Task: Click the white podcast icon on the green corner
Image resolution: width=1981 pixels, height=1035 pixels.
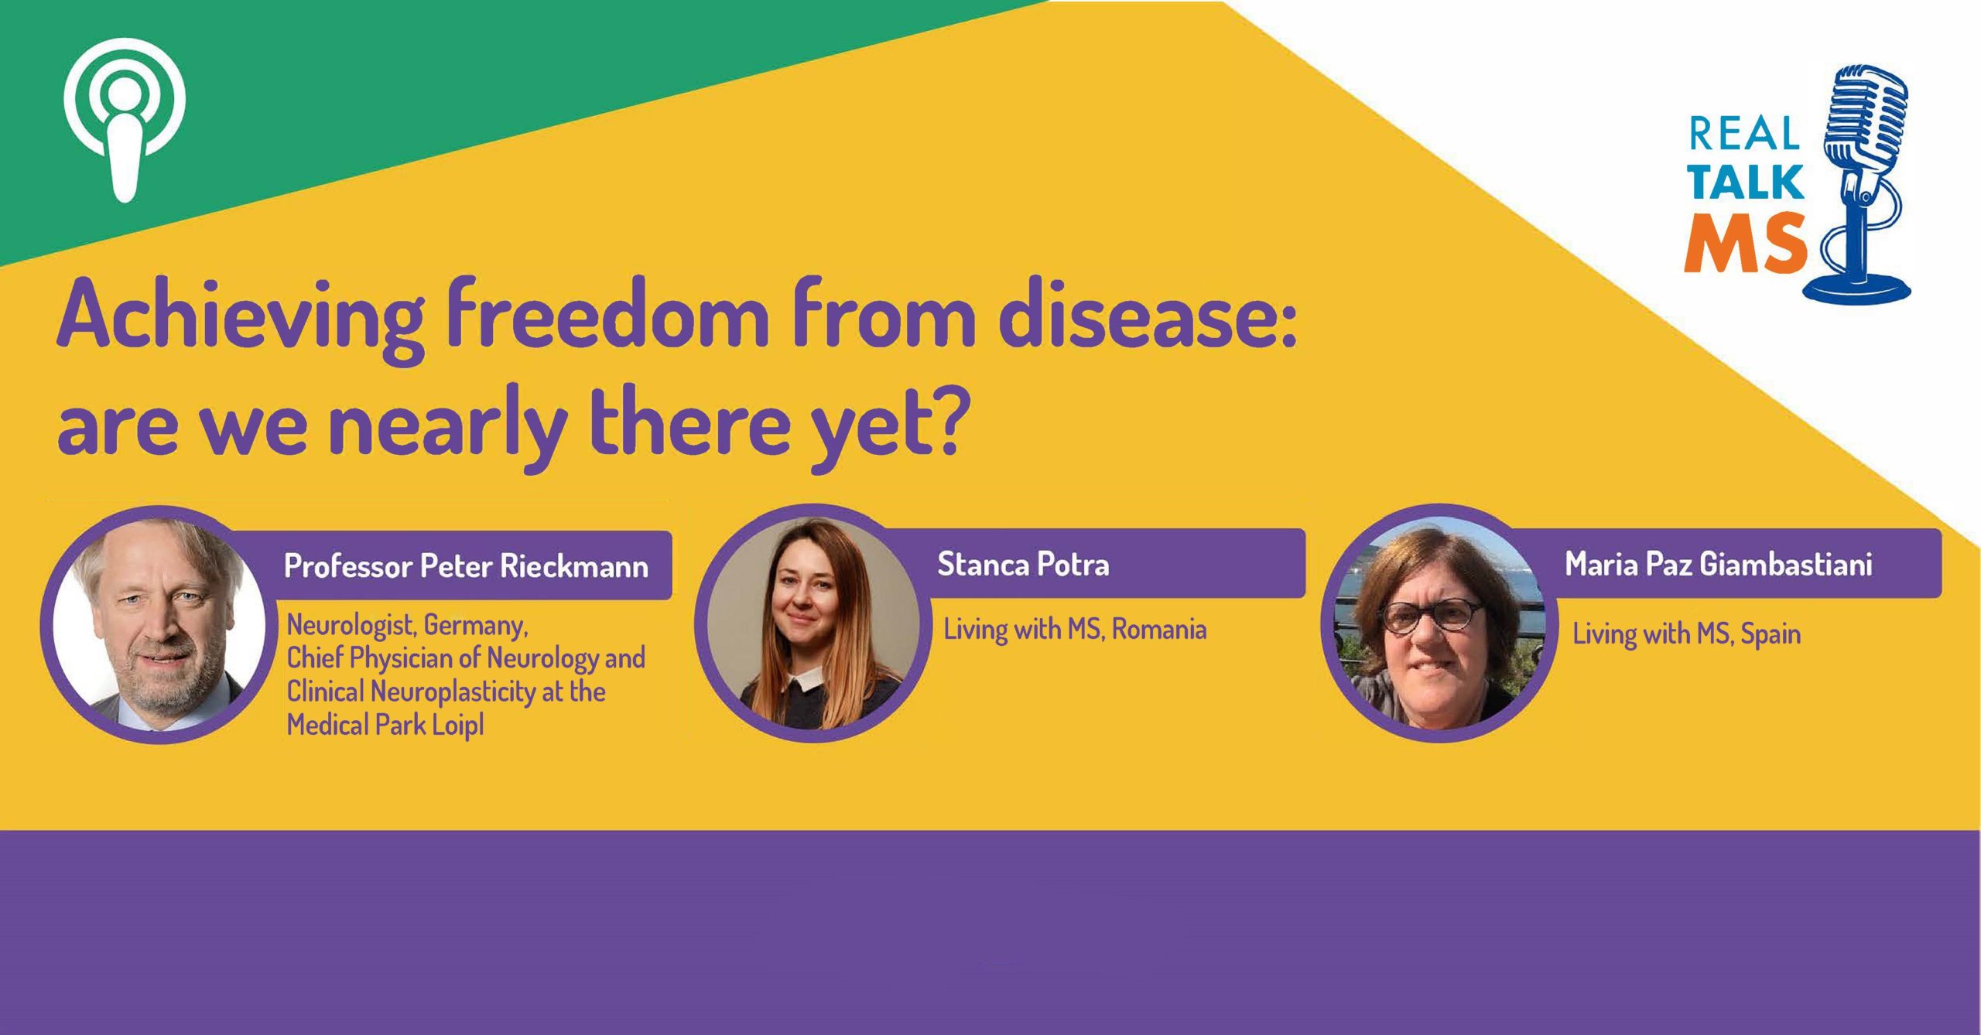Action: tap(125, 120)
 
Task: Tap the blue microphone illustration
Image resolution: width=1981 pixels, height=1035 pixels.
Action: tap(1861, 186)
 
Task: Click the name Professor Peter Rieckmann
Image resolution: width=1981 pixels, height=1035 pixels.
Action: tap(467, 566)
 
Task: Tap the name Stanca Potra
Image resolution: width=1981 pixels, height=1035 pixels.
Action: tap(1023, 564)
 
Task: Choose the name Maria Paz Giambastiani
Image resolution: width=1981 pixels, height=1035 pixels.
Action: tap(1718, 564)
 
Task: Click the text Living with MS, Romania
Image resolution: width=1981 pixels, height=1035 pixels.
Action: tap(1075, 630)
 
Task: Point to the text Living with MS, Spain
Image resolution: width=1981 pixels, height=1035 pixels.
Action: tap(1686, 634)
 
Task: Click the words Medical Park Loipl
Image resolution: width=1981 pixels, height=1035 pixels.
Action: tap(385, 726)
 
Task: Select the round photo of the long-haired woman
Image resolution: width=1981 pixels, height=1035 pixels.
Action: tap(813, 623)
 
